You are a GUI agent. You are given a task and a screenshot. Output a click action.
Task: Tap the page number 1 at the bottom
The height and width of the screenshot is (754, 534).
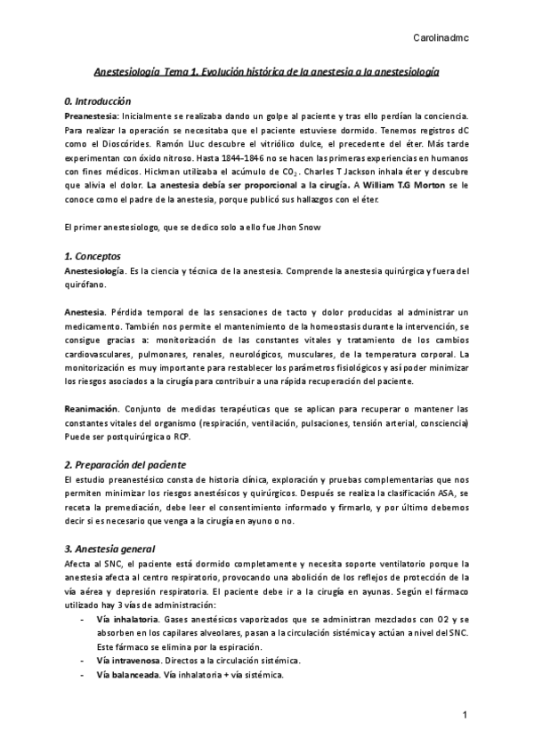click(465, 716)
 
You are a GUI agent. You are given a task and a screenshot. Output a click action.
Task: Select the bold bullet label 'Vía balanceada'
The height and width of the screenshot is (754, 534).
click(128, 675)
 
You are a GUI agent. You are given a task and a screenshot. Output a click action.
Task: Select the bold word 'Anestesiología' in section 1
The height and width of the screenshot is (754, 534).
click(97, 270)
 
